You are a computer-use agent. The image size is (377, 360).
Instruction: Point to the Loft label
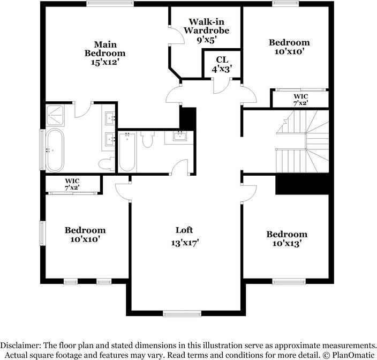tap(184, 230)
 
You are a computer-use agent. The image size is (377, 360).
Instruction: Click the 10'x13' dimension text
tap(286, 243)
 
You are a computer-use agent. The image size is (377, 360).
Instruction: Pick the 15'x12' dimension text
tap(105, 62)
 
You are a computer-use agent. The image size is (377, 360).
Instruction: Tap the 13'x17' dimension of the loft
tap(184, 242)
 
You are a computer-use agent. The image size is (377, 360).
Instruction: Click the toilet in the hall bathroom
tap(147, 140)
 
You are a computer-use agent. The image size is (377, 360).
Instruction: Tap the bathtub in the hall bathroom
tap(127, 152)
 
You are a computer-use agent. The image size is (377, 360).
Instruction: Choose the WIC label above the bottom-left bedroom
tap(72, 185)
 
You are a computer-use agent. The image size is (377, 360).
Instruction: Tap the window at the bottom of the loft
tap(178, 313)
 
